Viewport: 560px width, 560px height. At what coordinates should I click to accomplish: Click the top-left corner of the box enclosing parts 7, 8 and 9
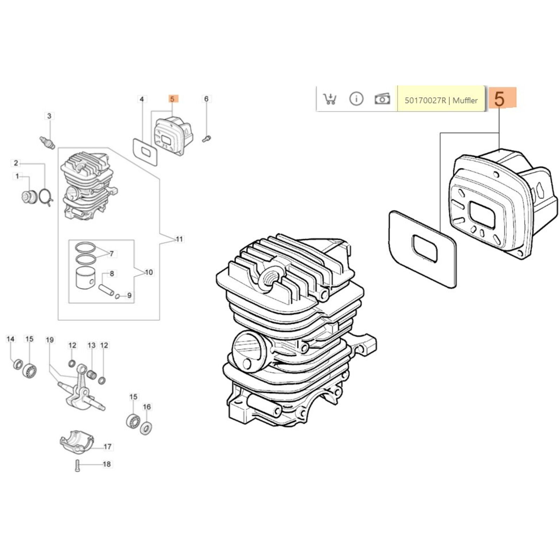69,240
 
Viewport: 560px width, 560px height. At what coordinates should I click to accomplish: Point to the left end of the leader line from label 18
81,464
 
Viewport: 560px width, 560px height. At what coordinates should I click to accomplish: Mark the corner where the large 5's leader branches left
499,133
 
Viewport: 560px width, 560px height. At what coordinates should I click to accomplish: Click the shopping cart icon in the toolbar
330,99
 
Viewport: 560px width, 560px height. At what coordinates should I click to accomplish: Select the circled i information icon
356,99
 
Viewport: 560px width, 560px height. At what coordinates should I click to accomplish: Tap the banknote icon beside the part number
382,99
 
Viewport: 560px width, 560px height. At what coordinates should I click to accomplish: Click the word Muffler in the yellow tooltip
465,101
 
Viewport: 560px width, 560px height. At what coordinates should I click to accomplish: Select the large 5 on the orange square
499,99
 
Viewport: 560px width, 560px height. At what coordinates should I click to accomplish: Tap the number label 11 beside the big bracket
179,239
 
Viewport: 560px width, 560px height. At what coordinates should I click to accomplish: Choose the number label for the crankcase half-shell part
107,447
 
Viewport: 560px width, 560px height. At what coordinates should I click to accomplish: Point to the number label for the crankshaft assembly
50,340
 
